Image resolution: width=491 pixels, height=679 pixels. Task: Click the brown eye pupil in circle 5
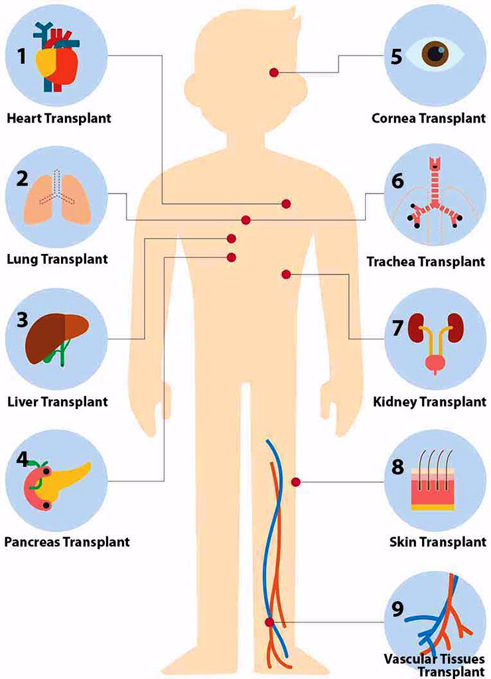[435, 54]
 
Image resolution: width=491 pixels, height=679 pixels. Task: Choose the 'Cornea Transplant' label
[429, 119]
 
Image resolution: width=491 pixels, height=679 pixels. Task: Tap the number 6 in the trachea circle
[397, 180]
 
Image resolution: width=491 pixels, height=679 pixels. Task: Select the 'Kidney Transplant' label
[429, 401]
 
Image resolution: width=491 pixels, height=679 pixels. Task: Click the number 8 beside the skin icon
[398, 467]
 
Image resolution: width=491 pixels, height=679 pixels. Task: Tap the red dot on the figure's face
[274, 72]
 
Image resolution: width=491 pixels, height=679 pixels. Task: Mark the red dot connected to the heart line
[286, 204]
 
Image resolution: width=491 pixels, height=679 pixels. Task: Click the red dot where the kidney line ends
[286, 274]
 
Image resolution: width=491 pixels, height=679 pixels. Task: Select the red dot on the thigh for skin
[296, 482]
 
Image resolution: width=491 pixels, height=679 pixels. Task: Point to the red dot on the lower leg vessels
[269, 622]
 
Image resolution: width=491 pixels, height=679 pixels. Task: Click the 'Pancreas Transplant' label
[66, 542]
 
